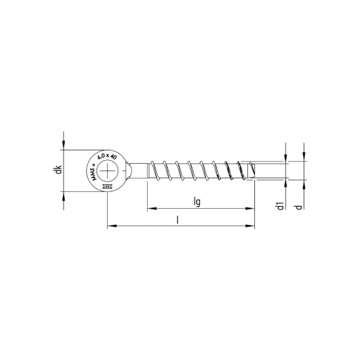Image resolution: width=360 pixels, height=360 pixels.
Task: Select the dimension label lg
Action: [197, 202]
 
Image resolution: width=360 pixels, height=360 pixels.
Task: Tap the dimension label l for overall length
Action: [178, 220]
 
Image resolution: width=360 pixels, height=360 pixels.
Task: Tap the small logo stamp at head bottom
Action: [108, 187]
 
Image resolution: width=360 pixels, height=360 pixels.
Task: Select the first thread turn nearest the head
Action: [154, 171]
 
